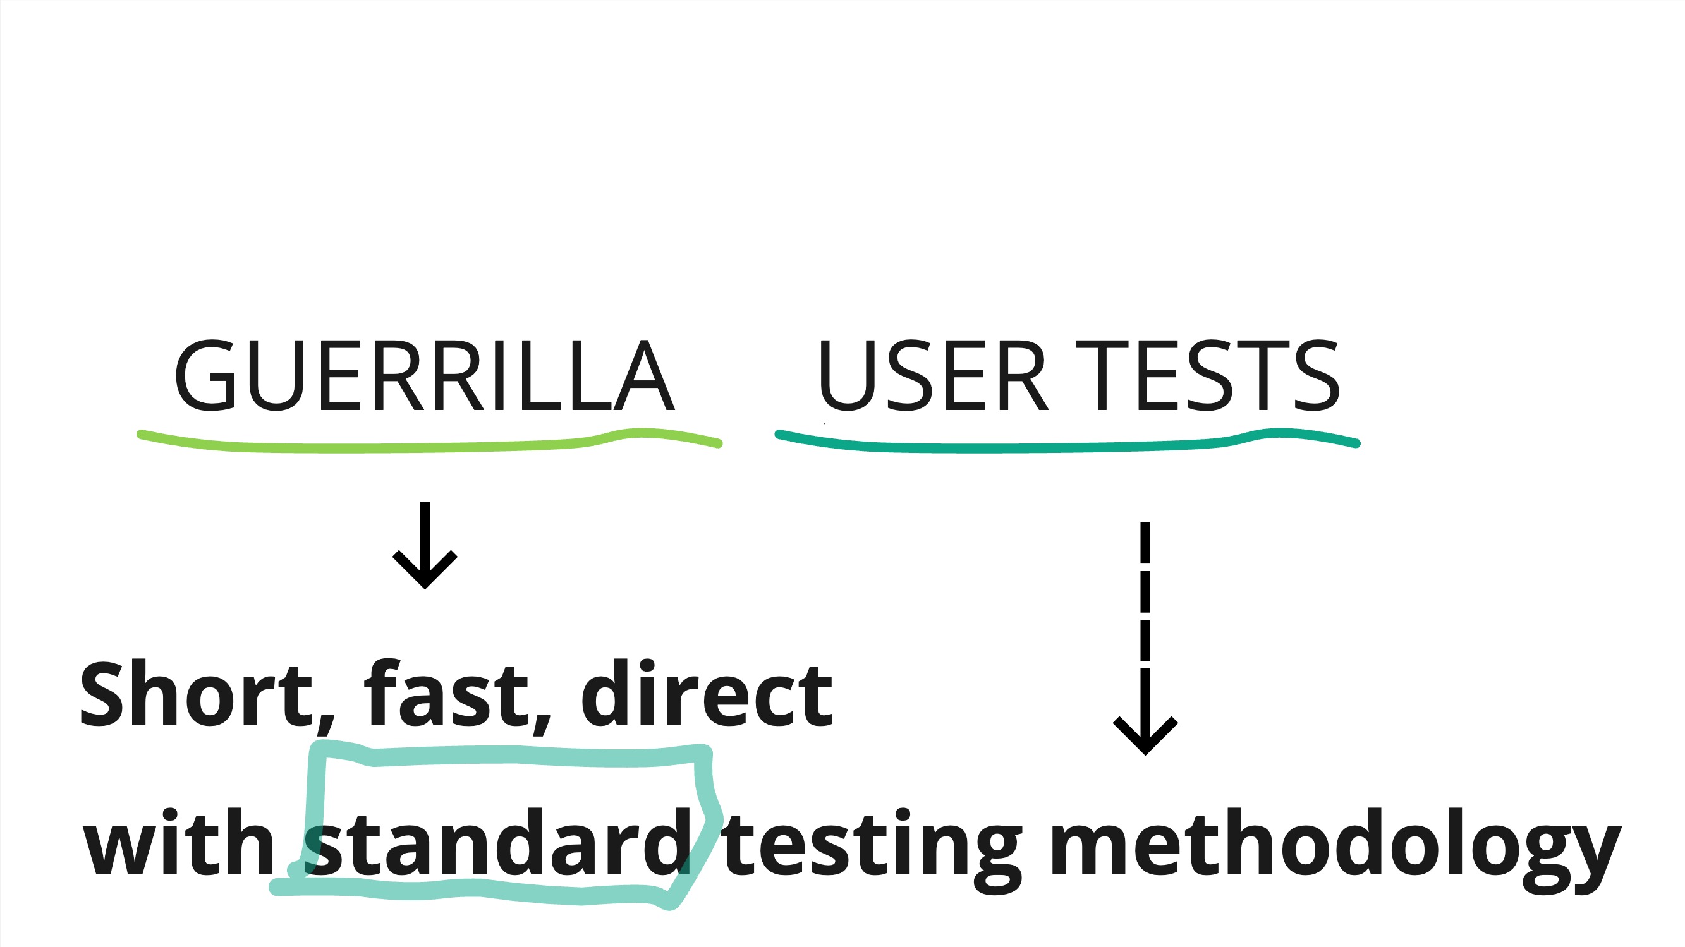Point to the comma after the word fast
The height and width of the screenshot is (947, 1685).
click(x=542, y=726)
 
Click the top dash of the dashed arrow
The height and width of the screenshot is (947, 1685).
click(x=1145, y=541)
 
